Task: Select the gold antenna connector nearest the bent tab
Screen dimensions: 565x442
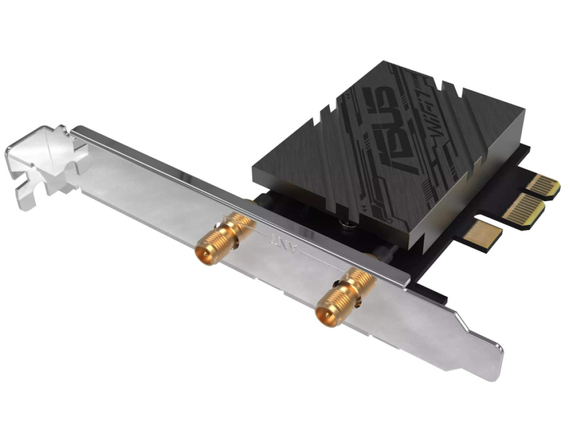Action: [x=218, y=239]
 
